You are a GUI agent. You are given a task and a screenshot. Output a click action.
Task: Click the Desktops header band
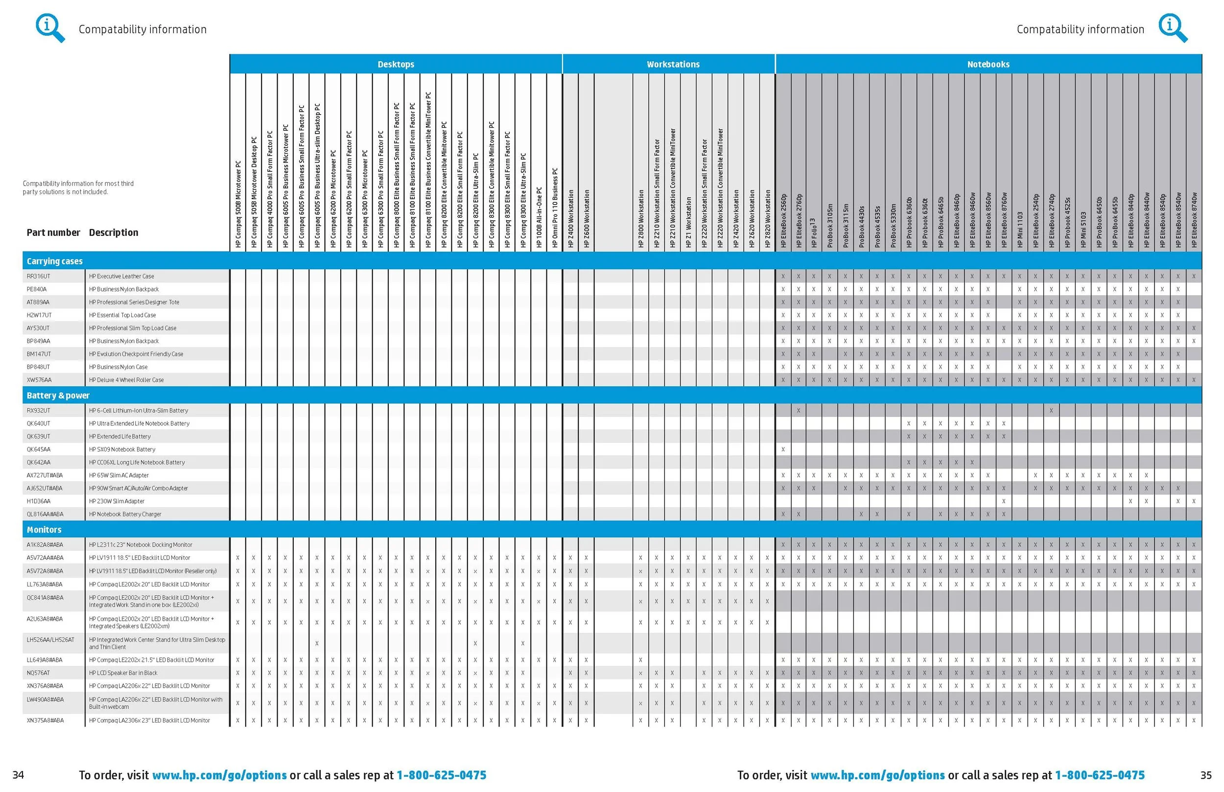(396, 64)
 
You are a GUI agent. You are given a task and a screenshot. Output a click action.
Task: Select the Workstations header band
(673, 64)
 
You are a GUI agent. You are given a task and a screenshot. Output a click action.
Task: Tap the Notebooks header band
(988, 64)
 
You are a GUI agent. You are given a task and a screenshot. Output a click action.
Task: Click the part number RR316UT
(39, 276)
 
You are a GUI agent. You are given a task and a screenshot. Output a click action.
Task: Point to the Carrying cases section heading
(54, 261)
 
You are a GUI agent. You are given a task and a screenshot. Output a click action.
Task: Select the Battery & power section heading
(58, 396)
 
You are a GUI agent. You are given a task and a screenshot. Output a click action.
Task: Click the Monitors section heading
(44, 530)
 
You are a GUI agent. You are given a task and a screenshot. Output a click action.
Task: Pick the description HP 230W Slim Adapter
(117, 501)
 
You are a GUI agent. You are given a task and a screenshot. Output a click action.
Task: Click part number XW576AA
(39, 380)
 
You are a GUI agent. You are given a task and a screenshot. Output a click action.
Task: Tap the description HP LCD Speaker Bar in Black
(123, 673)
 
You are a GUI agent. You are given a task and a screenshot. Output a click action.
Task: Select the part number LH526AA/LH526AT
(50, 640)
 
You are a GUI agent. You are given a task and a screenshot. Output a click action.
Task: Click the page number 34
(18, 775)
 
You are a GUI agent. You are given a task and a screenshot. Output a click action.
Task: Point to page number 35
(1206, 775)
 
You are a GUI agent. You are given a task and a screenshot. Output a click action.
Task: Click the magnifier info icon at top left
(50, 28)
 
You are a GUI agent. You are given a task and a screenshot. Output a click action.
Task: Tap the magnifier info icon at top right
(1173, 28)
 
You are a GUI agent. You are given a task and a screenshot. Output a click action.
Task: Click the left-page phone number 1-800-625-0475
(441, 775)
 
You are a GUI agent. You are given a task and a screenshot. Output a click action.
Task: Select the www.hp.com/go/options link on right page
(877, 775)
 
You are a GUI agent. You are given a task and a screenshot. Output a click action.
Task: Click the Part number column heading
(53, 233)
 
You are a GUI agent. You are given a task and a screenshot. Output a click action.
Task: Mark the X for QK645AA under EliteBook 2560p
(783, 449)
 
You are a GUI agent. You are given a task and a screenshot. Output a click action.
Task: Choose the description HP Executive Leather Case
(121, 276)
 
